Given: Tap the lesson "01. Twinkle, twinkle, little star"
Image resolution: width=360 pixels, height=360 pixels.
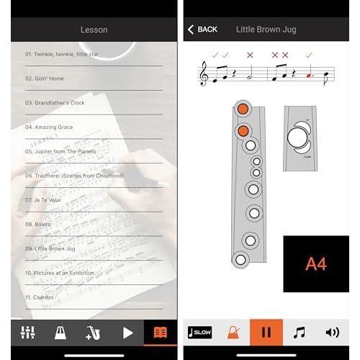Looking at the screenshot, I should [x=62, y=54].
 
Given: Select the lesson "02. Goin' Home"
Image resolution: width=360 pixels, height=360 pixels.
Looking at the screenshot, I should [x=45, y=78].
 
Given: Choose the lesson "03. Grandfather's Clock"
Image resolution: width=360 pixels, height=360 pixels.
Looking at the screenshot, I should [x=55, y=103].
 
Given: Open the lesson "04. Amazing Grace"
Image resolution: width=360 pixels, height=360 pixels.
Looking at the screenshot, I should [x=49, y=127].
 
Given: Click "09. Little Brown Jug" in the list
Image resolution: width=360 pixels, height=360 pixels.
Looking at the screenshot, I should [x=50, y=248].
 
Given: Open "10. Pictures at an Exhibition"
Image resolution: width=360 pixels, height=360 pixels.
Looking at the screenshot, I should [x=59, y=273].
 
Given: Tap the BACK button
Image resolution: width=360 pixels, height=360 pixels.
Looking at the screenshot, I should [x=202, y=30].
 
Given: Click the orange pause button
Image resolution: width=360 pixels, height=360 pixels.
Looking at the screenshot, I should [x=266, y=332].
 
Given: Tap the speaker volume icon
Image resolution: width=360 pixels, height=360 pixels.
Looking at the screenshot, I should [x=332, y=332].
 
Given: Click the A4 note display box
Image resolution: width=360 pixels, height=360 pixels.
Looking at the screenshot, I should [x=315, y=264].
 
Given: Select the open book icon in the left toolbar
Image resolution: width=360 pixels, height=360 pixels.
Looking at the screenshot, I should [x=161, y=333].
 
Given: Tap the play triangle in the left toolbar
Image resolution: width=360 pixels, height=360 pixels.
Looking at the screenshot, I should [x=127, y=333].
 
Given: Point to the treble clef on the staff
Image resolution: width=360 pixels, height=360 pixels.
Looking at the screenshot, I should [x=205, y=73].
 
